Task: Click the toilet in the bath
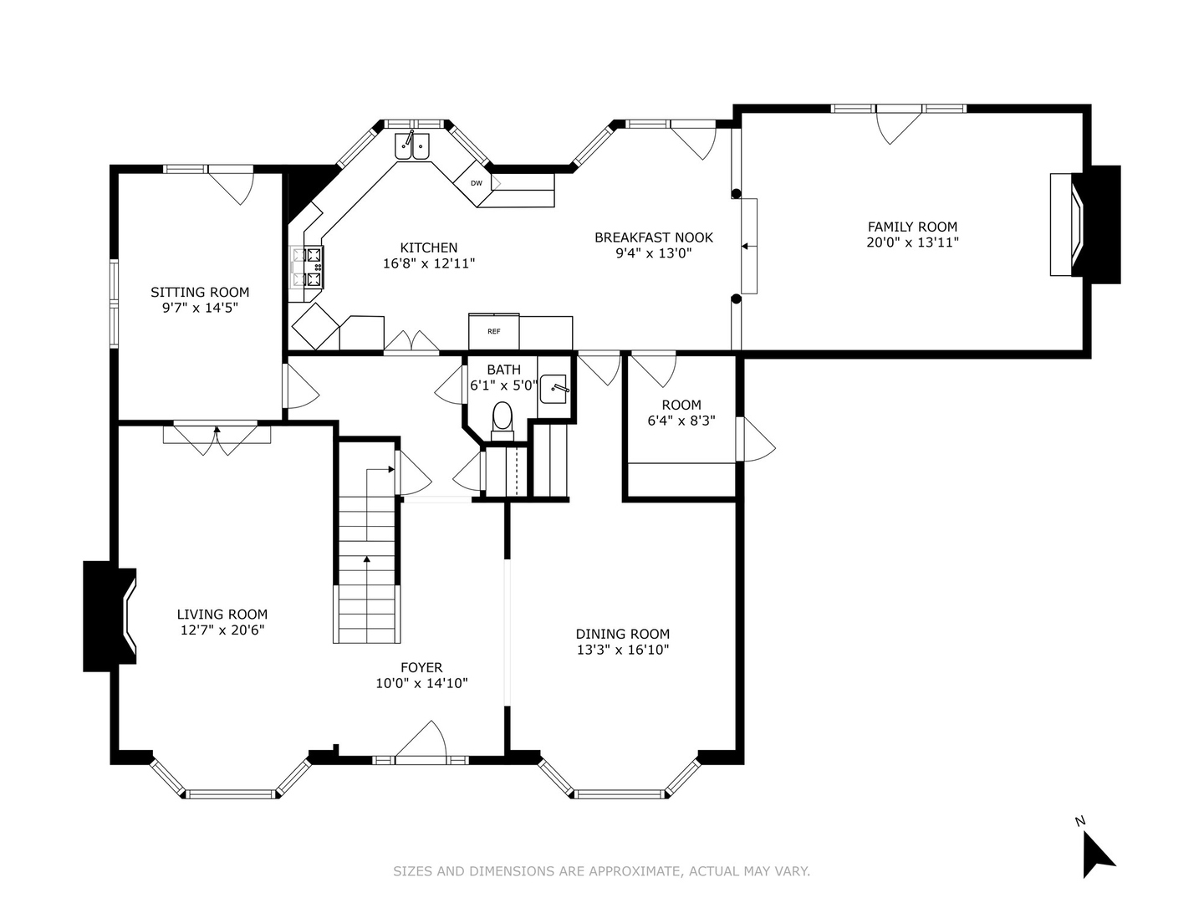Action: [502, 421]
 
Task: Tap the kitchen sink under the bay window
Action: [412, 145]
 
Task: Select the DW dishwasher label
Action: [476, 183]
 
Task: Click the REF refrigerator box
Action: [493, 331]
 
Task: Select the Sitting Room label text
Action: [200, 293]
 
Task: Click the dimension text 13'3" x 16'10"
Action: [623, 650]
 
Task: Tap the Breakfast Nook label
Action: [654, 237]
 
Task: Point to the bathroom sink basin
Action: [554, 389]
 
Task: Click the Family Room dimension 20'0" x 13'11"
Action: [912, 242]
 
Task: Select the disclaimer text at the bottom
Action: [601, 871]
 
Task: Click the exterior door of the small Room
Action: [755, 439]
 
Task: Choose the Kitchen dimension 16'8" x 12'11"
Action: [428, 263]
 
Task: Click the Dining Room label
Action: [623, 634]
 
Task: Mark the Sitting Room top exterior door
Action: [231, 185]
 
